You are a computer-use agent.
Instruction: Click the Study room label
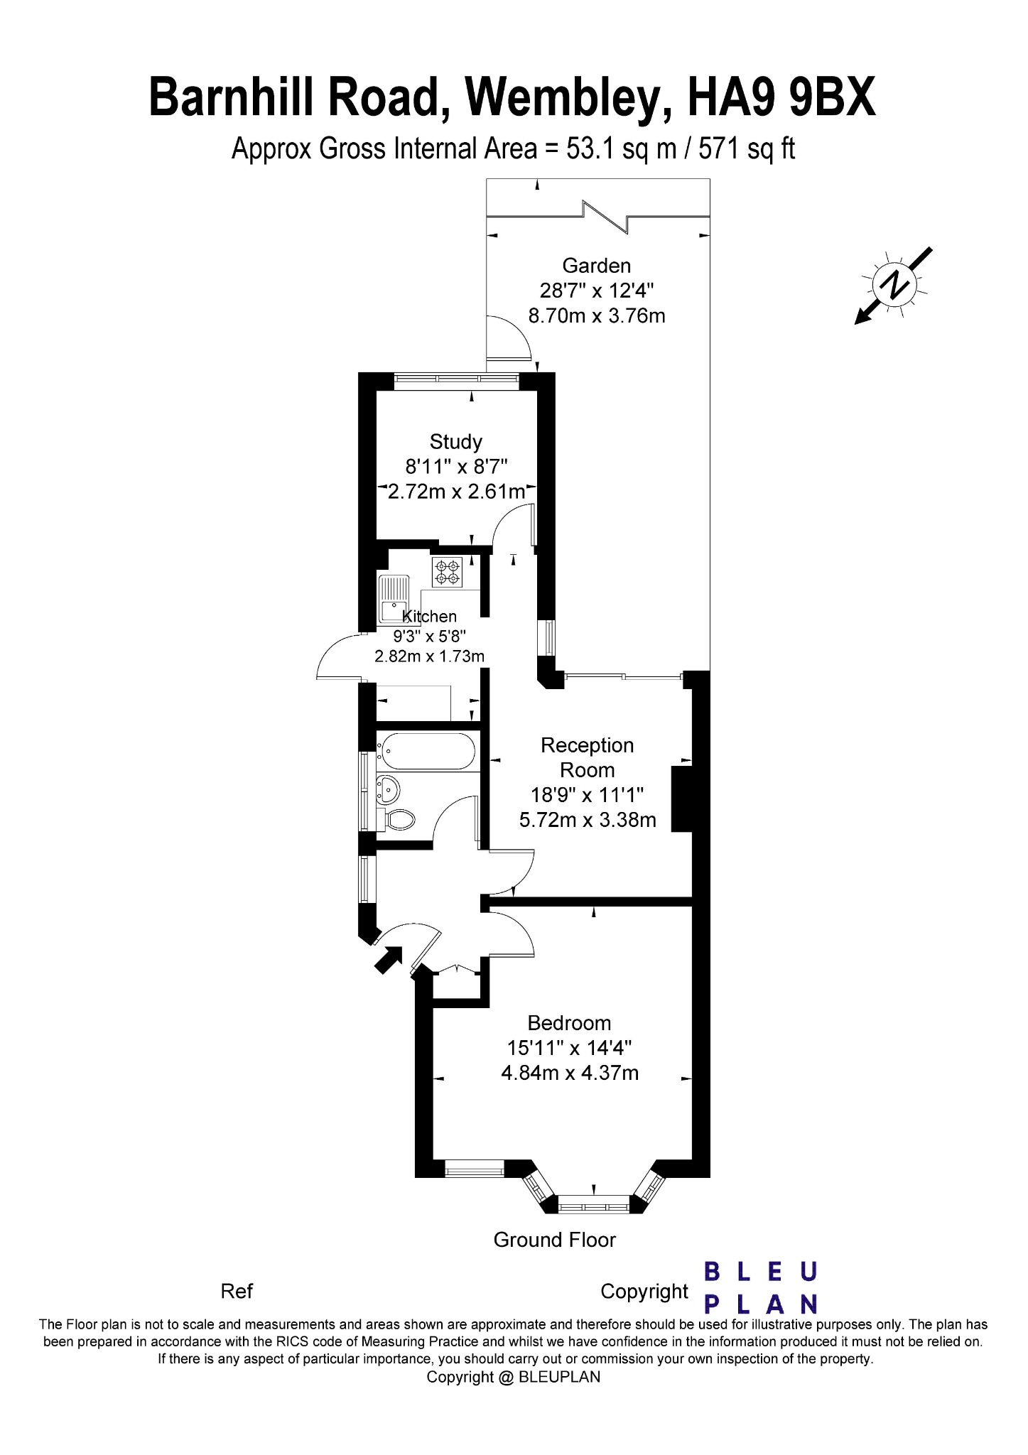coord(456,442)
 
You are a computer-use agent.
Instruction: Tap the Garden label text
coord(597,266)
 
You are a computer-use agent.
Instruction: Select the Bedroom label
coord(569,1023)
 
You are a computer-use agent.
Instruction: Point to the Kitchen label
coord(429,617)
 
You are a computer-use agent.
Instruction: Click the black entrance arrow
coord(387,959)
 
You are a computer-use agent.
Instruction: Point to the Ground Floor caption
coord(554,1240)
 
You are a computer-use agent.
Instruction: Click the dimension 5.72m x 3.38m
coord(588,820)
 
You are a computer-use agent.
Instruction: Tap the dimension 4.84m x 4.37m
coord(570,1073)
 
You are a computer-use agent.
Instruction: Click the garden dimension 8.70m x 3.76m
coord(597,315)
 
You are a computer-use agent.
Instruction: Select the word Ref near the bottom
coord(237,1291)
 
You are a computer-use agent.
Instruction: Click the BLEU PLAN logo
coord(760,1287)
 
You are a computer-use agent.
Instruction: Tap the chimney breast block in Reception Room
coord(682,799)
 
